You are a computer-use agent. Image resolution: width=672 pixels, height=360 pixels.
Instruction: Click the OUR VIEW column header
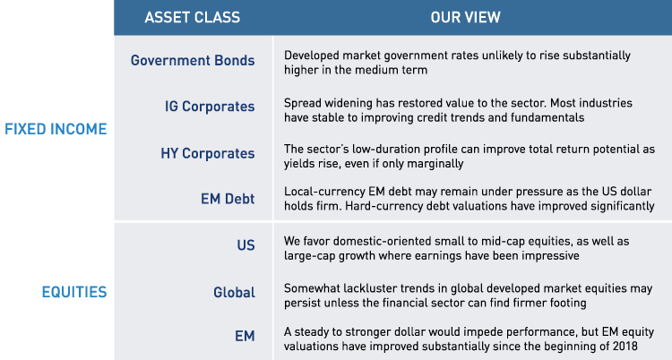(x=465, y=17)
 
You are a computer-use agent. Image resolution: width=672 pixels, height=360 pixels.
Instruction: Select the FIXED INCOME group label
(x=56, y=129)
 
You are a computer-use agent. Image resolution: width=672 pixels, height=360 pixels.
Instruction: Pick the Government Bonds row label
(x=193, y=61)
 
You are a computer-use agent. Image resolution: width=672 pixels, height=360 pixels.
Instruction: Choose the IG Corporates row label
(x=203, y=107)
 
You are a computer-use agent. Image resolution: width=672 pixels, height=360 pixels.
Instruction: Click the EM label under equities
(x=244, y=337)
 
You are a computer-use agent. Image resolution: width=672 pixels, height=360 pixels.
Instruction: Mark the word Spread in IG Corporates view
(x=302, y=101)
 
